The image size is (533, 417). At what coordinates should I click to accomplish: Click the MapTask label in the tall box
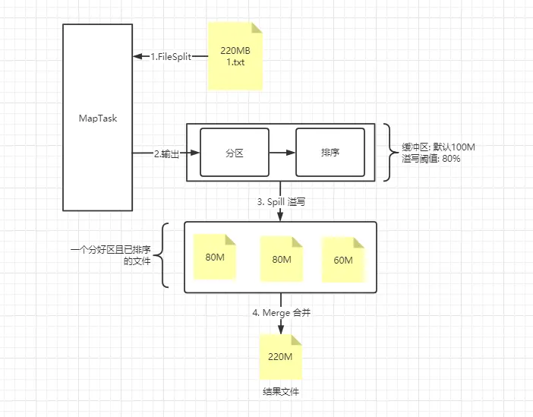pyautogui.click(x=98, y=118)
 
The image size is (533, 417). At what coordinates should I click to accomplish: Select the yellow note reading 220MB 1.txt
pyautogui.click(x=236, y=56)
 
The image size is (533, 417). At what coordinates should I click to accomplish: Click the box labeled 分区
pyautogui.click(x=235, y=153)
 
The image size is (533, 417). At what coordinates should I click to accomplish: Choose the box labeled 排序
pyautogui.click(x=330, y=153)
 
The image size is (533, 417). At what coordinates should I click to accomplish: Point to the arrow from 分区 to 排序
pyautogui.click(x=282, y=153)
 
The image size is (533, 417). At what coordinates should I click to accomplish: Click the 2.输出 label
pyautogui.click(x=167, y=153)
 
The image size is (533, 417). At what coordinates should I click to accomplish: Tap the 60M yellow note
pyautogui.click(x=342, y=260)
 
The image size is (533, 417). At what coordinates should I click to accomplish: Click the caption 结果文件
pyautogui.click(x=281, y=392)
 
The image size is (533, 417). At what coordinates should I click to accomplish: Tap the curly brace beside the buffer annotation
pyautogui.click(x=389, y=153)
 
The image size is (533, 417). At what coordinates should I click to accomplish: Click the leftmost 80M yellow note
pyautogui.click(x=216, y=256)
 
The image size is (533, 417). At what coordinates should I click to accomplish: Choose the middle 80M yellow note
pyautogui.click(x=282, y=259)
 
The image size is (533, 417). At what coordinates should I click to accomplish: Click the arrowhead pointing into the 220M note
pyautogui.click(x=281, y=330)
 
